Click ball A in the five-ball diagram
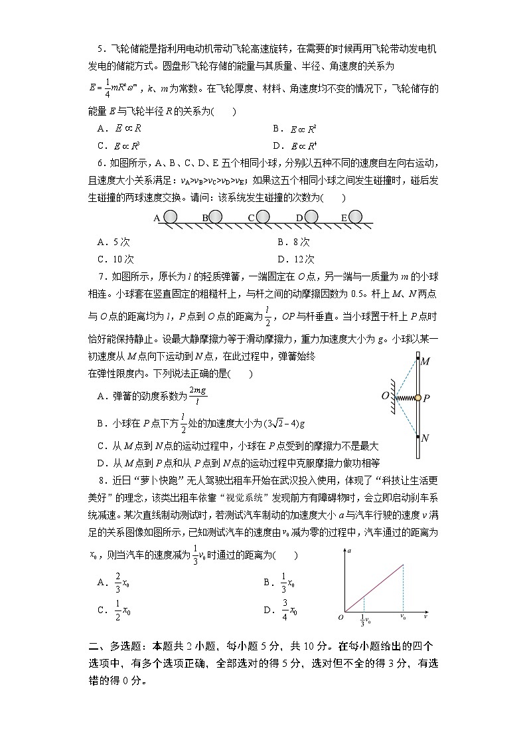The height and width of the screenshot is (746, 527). tap(171, 217)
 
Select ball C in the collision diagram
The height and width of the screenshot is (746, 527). tap(263, 217)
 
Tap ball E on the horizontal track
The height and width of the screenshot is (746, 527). tap(355, 217)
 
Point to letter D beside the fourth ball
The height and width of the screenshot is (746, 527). tap(299, 218)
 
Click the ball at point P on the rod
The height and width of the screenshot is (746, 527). tap(418, 398)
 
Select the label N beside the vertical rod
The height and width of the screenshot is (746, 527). tap(425, 438)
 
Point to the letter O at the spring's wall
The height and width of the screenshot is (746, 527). tap(384, 397)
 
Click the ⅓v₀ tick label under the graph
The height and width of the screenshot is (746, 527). tap(364, 620)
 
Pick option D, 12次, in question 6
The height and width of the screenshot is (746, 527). tap(296, 259)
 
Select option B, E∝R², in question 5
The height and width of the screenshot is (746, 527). tap(295, 128)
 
